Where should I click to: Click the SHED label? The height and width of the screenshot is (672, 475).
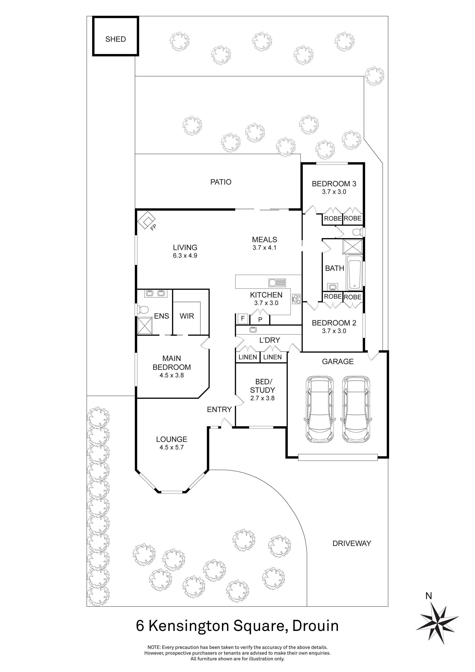(x=115, y=39)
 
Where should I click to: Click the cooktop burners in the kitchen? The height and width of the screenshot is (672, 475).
(x=296, y=299)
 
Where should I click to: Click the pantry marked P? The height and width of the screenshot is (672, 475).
(x=260, y=320)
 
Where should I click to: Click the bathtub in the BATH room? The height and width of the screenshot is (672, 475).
(x=355, y=273)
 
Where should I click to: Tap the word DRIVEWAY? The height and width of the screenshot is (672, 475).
(x=352, y=543)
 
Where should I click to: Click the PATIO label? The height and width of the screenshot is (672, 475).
(x=221, y=182)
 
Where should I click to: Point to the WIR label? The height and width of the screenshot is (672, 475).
(x=187, y=316)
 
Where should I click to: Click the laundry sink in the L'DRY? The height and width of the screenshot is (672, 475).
(x=253, y=330)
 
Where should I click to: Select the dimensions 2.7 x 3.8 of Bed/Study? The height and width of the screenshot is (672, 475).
(x=262, y=398)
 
